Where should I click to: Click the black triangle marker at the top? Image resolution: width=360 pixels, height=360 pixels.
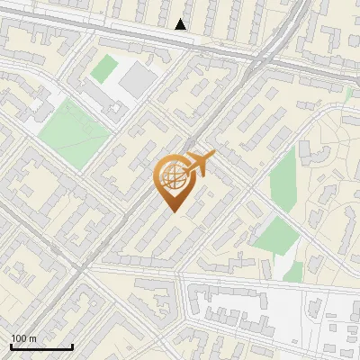(181, 24)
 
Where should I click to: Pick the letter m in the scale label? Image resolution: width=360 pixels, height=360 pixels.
(32, 338)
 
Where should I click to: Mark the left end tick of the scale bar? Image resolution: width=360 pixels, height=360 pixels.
(11, 346)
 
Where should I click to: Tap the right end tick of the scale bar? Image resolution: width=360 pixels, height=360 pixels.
(72, 346)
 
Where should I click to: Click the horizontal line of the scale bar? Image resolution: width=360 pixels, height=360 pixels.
(41, 347)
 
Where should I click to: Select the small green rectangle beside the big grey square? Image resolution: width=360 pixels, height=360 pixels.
(105, 67)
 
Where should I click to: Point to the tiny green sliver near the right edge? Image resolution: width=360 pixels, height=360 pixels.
(347, 94)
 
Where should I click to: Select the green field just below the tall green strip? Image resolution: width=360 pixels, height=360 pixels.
(276, 236)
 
